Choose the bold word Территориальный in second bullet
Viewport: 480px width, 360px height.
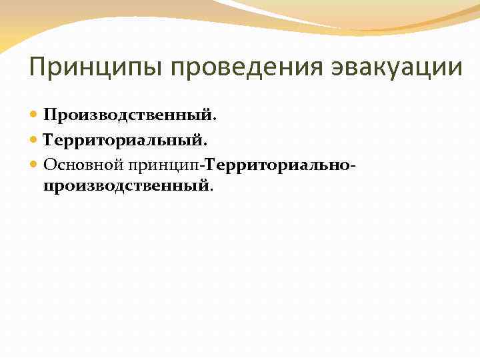pyautogui.click(x=124, y=140)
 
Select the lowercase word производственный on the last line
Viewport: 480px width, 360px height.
pyautogui.click(x=126, y=185)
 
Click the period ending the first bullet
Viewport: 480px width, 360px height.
pyautogui.click(x=215, y=120)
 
